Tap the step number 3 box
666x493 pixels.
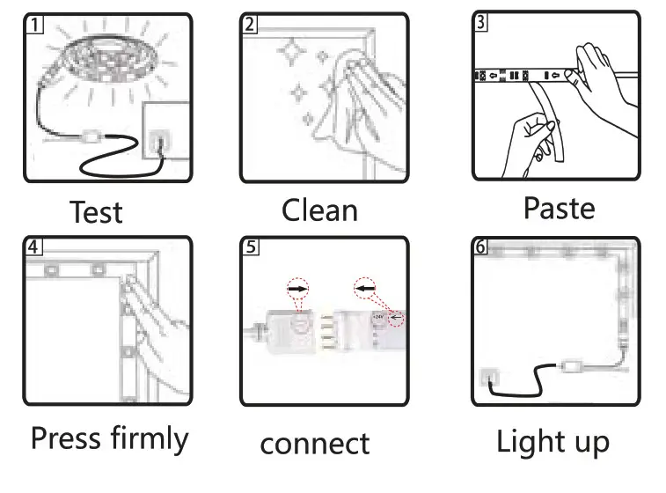[x=480, y=23]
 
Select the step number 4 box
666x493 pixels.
[x=33, y=246]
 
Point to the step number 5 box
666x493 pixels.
[x=252, y=247]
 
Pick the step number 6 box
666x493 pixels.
[x=480, y=246]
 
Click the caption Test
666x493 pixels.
[x=96, y=212]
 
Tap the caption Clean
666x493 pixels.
[x=319, y=210]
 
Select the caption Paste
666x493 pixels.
[x=559, y=209]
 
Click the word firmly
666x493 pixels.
[x=150, y=438]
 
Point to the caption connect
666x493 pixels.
[x=314, y=443]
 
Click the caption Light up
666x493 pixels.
[x=553, y=441]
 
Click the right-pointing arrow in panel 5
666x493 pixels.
[x=298, y=288]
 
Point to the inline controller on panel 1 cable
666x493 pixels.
[x=90, y=139]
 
